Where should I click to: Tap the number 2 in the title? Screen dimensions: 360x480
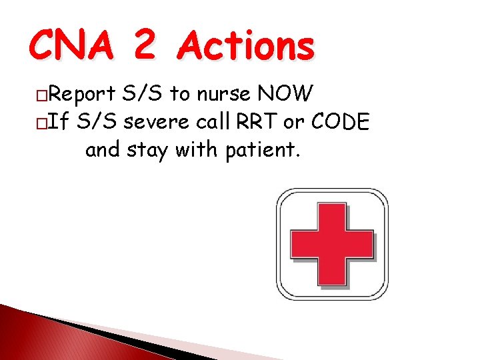pyautogui.click(x=145, y=47)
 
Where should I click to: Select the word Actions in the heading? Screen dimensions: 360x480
pyautogui.click(x=247, y=47)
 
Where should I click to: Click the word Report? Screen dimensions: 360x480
pyautogui.click(x=81, y=95)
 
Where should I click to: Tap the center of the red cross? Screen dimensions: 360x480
pyautogui.click(x=332, y=244)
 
